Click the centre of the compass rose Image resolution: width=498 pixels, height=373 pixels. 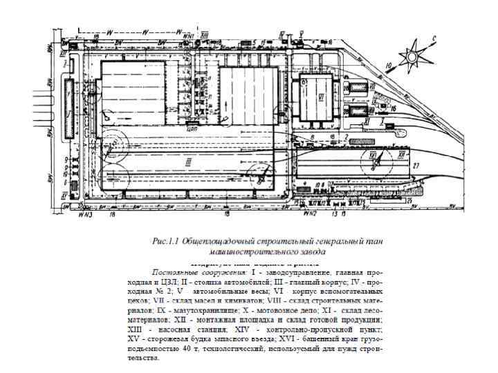click(x=416, y=52)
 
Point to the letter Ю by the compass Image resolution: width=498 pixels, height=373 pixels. click(x=389, y=67)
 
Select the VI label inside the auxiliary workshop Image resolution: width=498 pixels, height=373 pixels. click(x=320, y=97)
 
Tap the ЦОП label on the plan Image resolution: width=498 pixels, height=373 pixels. click(x=193, y=128)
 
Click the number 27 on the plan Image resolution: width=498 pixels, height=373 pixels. click(x=416, y=166)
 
